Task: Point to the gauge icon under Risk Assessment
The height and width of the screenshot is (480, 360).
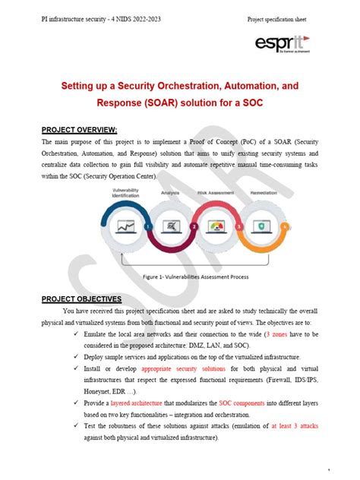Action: [x=219, y=225]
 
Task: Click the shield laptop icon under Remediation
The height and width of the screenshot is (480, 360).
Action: [x=263, y=225]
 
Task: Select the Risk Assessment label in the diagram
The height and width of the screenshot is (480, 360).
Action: [x=214, y=194]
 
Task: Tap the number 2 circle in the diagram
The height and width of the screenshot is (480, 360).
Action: [x=195, y=226]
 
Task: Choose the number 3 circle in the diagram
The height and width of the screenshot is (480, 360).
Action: [x=240, y=226]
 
